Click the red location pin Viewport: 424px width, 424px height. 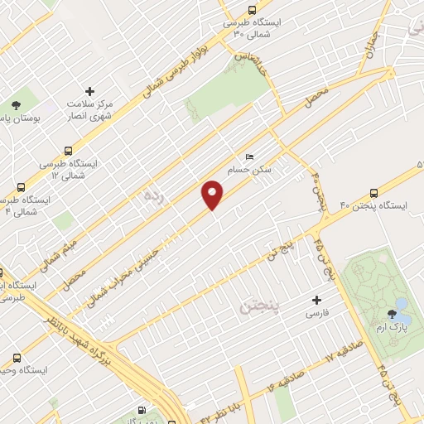(x=213, y=196)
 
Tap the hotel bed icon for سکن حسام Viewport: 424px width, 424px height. (x=249, y=157)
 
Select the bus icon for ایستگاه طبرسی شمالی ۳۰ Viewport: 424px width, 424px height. (x=252, y=11)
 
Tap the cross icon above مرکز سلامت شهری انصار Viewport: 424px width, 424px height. (x=89, y=92)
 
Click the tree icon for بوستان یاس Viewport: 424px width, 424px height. (x=16, y=105)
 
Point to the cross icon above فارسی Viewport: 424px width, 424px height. (x=315, y=300)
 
